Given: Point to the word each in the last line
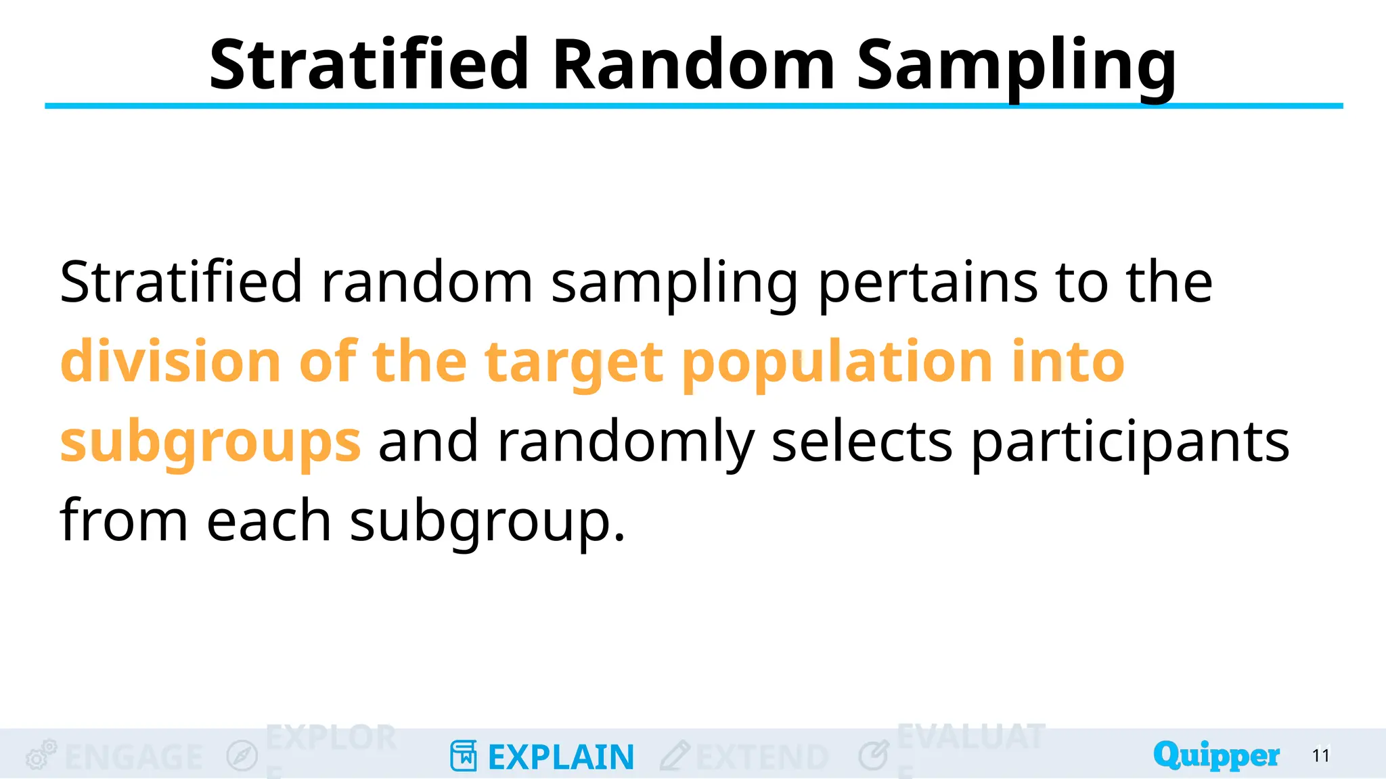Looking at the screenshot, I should click(269, 521).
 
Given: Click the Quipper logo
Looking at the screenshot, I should click(1216, 755).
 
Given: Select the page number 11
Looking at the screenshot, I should click(1321, 755).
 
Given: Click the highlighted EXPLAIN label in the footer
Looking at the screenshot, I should click(561, 757).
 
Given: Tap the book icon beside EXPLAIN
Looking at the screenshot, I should click(464, 756).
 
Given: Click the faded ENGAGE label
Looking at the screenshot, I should click(134, 757).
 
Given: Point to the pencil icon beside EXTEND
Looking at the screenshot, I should click(675, 755).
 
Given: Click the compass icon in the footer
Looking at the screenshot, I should click(242, 755).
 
